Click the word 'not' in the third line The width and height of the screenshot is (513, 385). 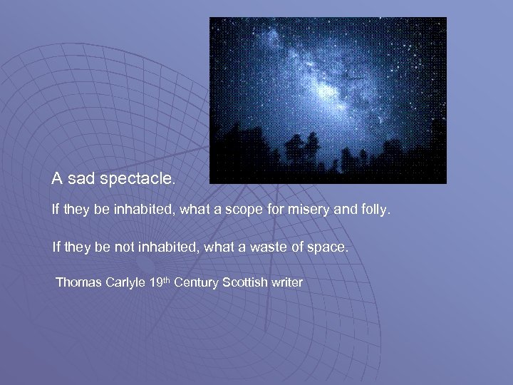click(122, 247)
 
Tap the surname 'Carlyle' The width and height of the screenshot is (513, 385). click(127, 283)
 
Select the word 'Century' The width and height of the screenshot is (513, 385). click(197, 282)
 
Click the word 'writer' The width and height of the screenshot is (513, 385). click(286, 282)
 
